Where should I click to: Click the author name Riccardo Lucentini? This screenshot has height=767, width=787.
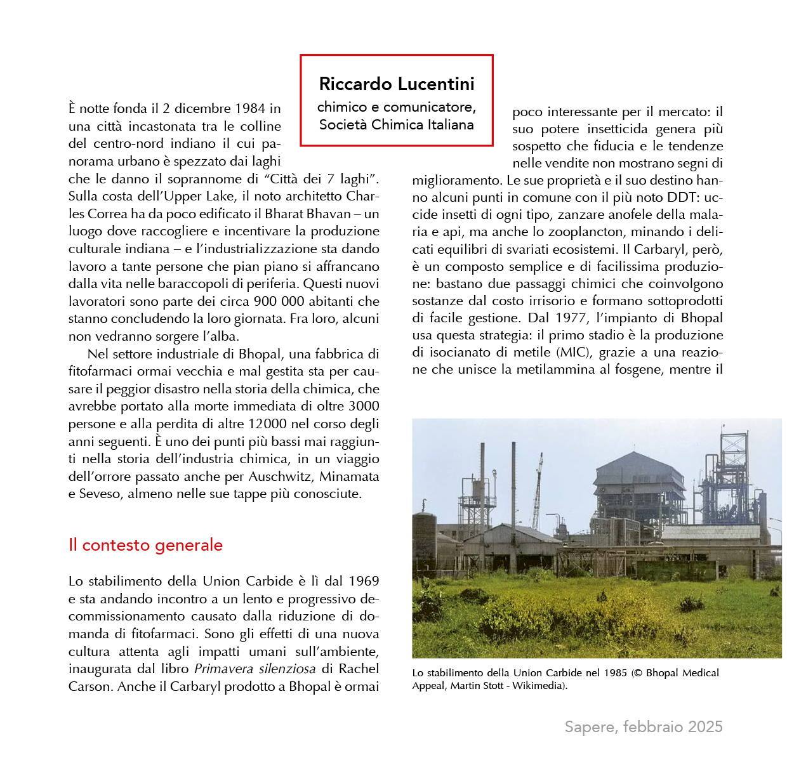point(397,84)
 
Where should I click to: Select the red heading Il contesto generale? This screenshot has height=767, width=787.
point(145,545)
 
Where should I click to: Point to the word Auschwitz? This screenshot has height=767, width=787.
point(280,476)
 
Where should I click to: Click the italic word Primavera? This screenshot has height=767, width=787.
point(223,669)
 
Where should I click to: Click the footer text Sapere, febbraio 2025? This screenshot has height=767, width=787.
point(644,727)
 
